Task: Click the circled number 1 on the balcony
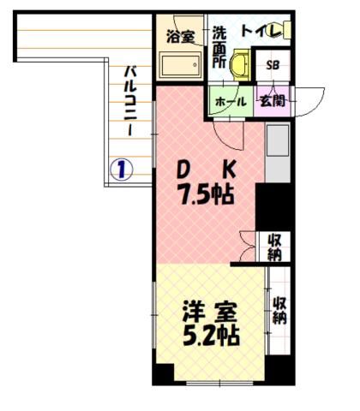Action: pos(123,169)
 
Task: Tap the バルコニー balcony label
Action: pos(127,101)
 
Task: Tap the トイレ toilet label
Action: pos(263,32)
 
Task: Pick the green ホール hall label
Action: pos(229,101)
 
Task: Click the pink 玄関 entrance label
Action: pos(274,101)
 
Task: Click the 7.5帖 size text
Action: pos(207,194)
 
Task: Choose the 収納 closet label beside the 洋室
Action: pos(279,310)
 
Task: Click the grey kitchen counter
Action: pos(277,152)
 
